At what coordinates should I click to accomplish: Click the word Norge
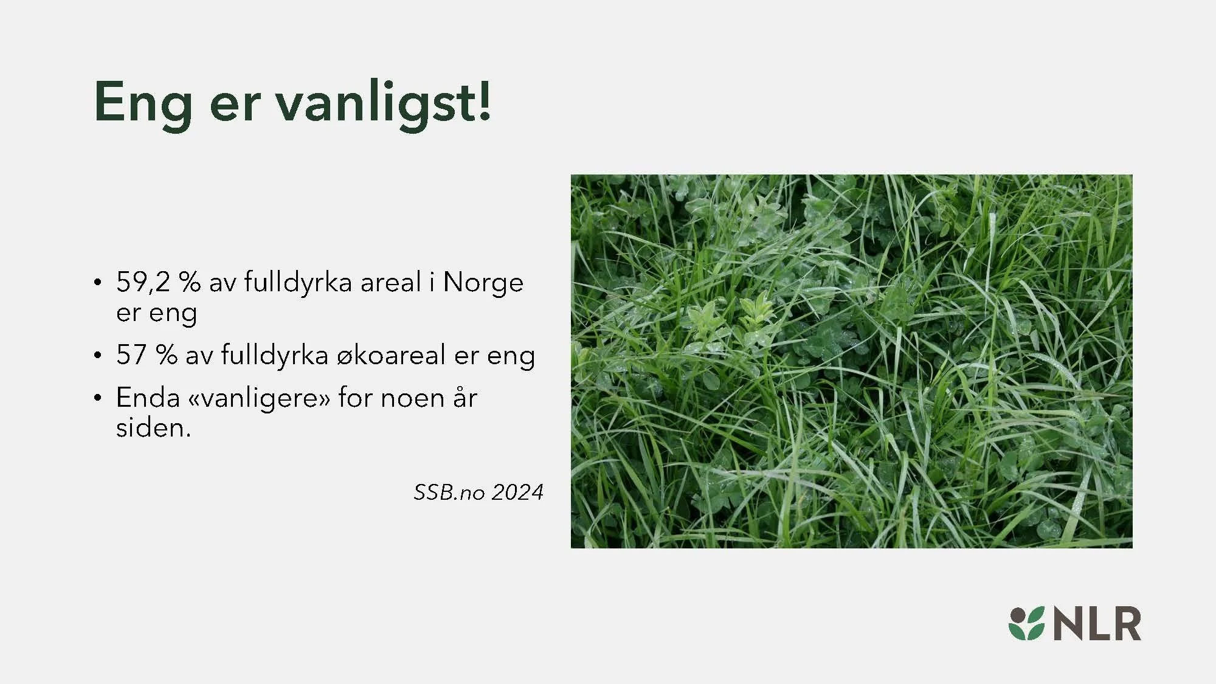pos(483,283)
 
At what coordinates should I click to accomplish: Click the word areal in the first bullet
pos(390,283)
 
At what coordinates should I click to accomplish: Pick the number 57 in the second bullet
pos(131,355)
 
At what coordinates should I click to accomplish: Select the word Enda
pos(148,398)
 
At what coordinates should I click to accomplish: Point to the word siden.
pos(153,429)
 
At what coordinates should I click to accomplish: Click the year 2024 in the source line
pos(517,492)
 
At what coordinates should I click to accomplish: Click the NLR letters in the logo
pos(1097,624)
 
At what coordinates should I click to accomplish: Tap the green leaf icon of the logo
pos(1026,624)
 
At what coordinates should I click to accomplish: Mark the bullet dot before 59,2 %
pos(97,283)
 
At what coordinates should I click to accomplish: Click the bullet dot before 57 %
pos(97,356)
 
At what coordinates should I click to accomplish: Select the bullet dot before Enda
pos(97,399)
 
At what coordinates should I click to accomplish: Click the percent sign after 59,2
pos(190,283)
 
